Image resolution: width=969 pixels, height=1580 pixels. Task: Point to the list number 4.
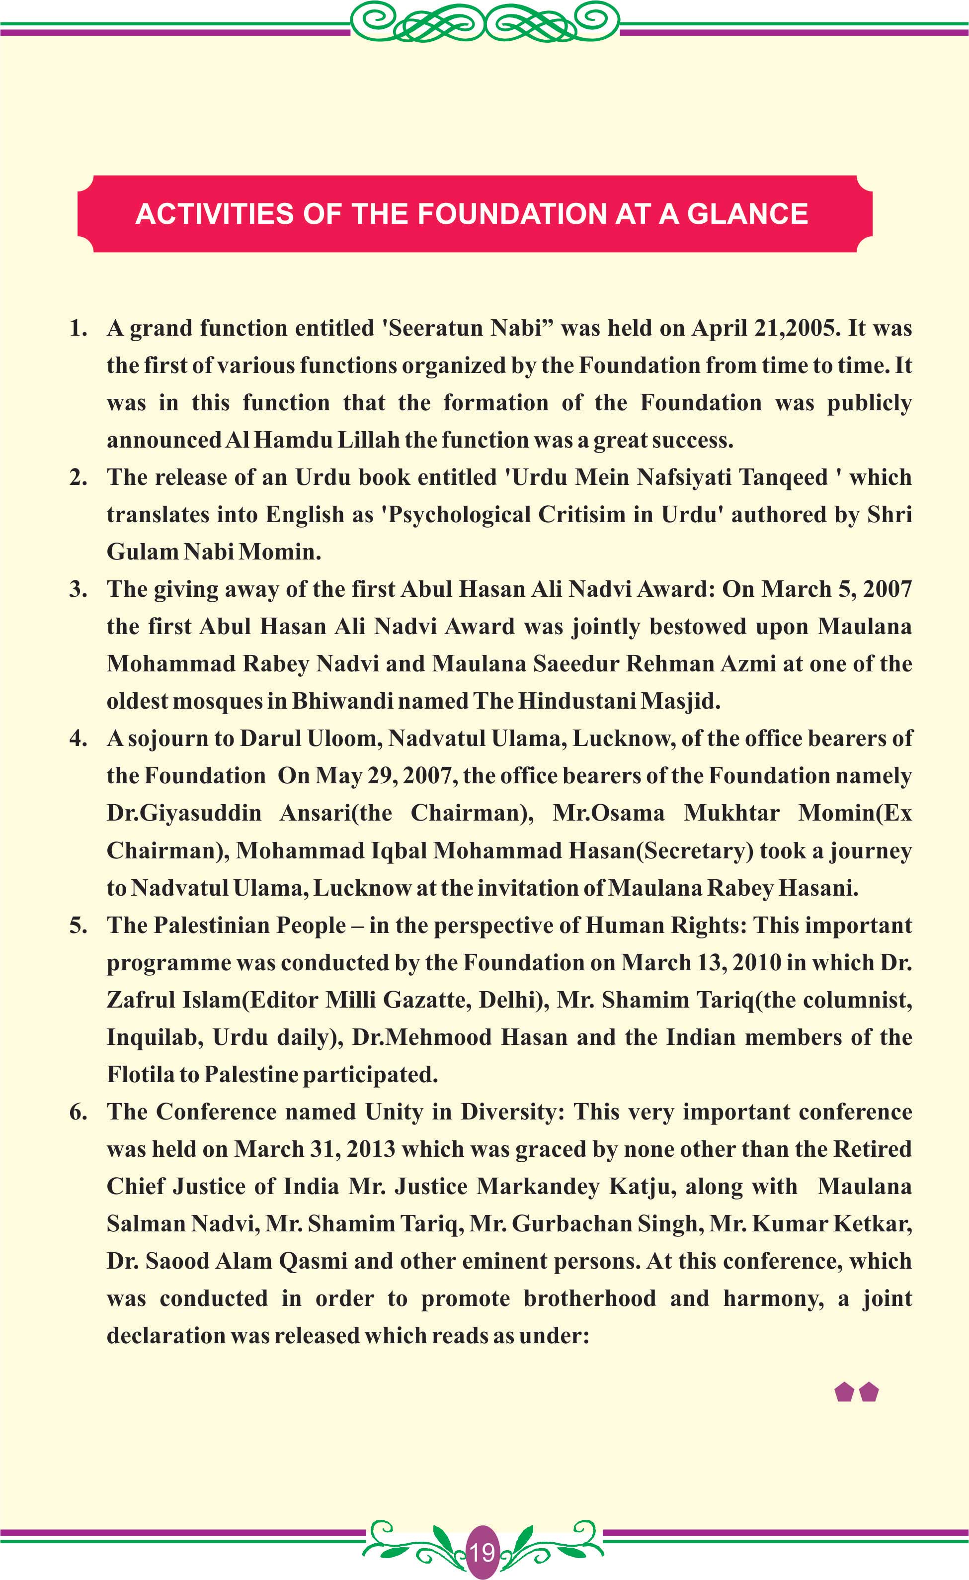click(78, 738)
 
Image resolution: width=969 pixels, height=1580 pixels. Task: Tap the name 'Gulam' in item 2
click(142, 552)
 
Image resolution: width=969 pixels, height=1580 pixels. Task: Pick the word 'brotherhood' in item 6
click(590, 1298)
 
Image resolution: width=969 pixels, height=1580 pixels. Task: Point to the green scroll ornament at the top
click(485, 22)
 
